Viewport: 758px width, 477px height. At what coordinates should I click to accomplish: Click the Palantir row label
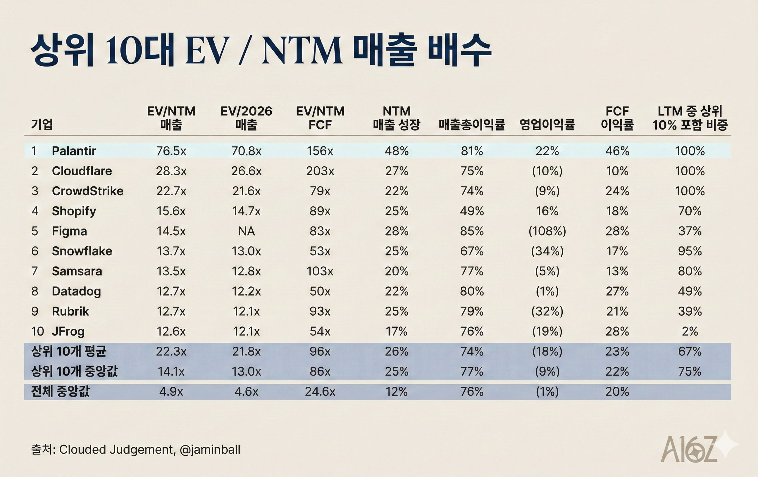coord(74,151)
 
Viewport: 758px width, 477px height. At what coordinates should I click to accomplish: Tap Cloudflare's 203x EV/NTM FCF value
coord(320,171)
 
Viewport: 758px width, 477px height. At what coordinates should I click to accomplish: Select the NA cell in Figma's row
coord(246,231)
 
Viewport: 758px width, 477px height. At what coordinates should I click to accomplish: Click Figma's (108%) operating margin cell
coord(547,231)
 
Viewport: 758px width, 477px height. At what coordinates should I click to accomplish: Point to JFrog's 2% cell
coord(689,331)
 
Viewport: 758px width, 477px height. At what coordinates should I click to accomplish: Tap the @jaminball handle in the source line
coord(210,450)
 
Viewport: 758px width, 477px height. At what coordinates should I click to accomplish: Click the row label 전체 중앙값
coord(60,392)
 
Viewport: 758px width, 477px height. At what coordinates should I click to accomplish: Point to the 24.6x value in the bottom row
coord(320,392)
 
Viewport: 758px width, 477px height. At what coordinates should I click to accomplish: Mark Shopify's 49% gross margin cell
coord(471,211)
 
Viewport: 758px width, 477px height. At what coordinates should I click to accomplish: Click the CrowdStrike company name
coord(87,191)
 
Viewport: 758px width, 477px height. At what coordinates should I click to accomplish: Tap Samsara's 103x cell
coord(320,271)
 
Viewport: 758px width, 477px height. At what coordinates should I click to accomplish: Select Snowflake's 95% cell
coord(689,251)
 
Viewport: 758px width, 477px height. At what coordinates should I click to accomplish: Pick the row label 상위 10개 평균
coord(69,351)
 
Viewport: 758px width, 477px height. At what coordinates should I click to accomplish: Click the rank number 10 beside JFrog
coord(37,331)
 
